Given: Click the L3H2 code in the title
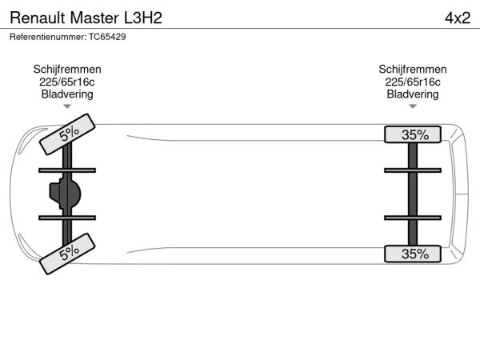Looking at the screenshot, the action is [142, 18].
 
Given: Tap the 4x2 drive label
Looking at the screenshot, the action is [458, 18].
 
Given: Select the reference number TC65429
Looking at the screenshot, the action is [107, 37].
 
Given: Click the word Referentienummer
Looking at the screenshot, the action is [48, 37].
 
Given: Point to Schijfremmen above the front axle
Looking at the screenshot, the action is [67, 70].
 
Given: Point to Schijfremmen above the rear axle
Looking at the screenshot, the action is [413, 70].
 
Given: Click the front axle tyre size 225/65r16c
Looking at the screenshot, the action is [67, 82].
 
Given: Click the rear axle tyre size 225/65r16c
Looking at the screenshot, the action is [413, 82].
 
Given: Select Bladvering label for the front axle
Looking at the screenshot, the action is [67, 94].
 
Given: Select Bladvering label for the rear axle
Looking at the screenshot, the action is [413, 94].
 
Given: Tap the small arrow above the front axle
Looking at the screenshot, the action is [67, 106].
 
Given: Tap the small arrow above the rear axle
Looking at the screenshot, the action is [413, 106].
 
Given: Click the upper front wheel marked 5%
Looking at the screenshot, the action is [67, 134].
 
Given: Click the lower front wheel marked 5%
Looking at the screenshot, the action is [67, 254].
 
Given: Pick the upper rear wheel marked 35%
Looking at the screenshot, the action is [413, 134].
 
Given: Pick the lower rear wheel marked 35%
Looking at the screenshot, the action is [413, 254].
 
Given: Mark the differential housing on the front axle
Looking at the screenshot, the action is [65, 194].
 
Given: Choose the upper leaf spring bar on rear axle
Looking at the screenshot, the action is [413, 170].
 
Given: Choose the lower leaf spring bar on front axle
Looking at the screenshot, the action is [67, 218].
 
